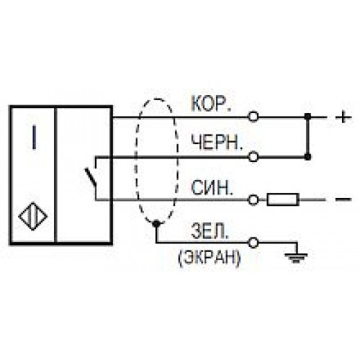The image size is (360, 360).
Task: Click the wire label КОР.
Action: point(211,104)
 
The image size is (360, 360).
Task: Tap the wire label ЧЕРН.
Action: point(217,143)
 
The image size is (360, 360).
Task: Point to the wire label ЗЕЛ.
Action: point(209,231)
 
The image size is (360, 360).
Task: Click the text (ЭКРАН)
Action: point(209,258)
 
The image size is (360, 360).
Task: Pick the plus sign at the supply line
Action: point(343,117)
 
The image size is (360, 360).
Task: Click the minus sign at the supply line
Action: point(343,199)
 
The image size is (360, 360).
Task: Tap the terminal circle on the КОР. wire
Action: point(253,117)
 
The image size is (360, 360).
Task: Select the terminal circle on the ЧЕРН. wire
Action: point(253,157)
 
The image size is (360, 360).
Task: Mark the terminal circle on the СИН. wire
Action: point(253,199)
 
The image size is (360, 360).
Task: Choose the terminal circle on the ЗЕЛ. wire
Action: point(253,243)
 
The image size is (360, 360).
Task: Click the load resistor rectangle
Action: point(283,199)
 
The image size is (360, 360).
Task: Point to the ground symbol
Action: point(296,258)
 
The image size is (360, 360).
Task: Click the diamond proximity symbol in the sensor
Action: point(33,216)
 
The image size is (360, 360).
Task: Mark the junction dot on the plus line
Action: point(307,117)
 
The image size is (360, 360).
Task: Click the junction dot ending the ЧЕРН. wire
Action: point(307,157)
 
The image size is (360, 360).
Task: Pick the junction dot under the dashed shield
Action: point(156,224)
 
